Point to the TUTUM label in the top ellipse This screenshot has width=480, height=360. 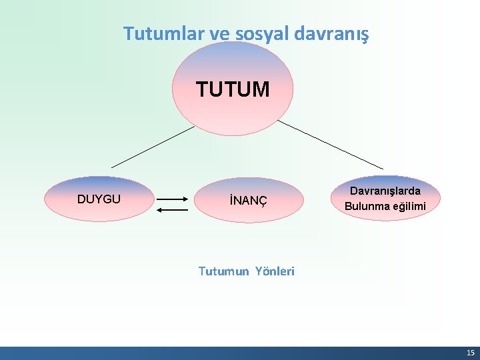pos(233,89)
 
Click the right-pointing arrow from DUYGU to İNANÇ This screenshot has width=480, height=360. pos(172,199)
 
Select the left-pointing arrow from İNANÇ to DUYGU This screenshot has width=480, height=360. pos(172,210)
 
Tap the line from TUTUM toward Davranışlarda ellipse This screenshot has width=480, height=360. pos(330,144)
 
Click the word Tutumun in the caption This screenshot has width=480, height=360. pos(224,271)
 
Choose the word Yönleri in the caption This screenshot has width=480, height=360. pos(273,271)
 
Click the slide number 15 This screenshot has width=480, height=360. pos(470,353)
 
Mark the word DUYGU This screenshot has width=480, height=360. pos(99,199)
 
